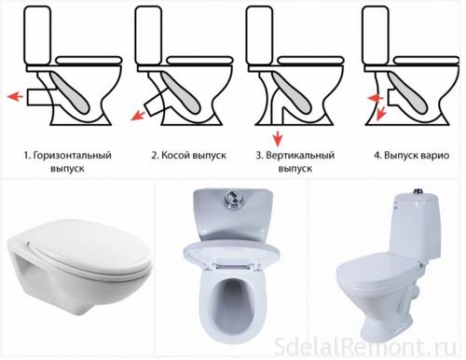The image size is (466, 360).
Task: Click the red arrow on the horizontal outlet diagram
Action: [14, 93]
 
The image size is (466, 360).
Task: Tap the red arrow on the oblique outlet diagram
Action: [141, 113]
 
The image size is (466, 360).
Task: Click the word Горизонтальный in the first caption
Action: [70, 152]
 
